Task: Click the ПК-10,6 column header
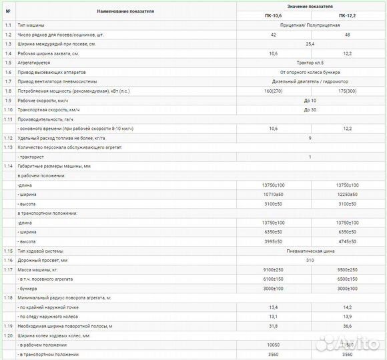click(x=273, y=15)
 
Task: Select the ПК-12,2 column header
click(x=348, y=15)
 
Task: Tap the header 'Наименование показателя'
click(x=125, y=11)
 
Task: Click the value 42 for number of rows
click(x=273, y=33)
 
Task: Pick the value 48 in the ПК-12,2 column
click(x=348, y=33)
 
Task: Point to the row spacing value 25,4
click(x=310, y=43)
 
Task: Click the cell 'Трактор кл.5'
click(x=310, y=62)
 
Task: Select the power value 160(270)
click(x=273, y=90)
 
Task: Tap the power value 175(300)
click(x=348, y=90)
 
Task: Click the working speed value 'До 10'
click(x=310, y=99)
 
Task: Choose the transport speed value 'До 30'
click(x=310, y=109)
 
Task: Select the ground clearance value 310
click(x=310, y=259)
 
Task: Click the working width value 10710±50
click(x=273, y=193)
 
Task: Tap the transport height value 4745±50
click(x=348, y=241)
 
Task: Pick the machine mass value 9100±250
click(x=273, y=269)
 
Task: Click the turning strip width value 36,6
click(x=348, y=325)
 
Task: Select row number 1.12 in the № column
click(x=8, y=137)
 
